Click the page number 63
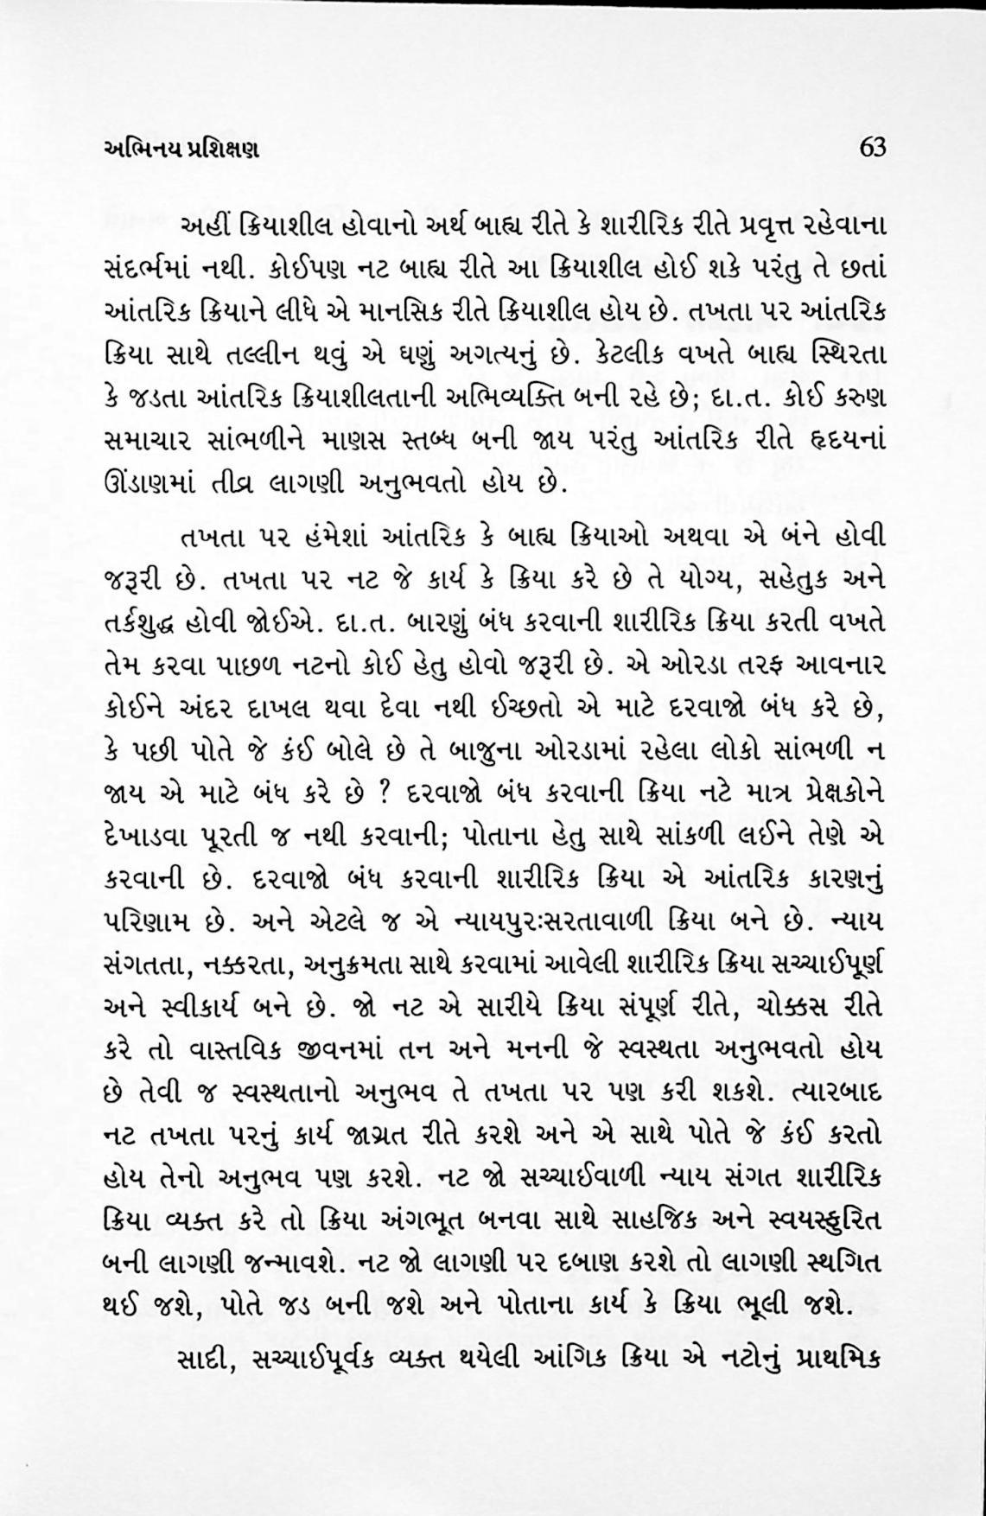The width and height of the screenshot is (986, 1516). tap(872, 147)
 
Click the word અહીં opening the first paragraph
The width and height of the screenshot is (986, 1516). tap(204, 230)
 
